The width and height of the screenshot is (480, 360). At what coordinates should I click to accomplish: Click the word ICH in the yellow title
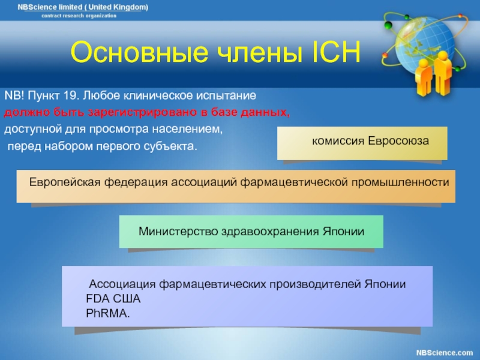pyautogui.click(x=336, y=52)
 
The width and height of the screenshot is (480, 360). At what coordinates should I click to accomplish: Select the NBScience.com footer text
pyautogui.click(x=445, y=353)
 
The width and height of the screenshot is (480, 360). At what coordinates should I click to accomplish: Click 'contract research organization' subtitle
pyautogui.click(x=79, y=16)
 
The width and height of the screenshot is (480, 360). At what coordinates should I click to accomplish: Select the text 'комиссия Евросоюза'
pyautogui.click(x=370, y=141)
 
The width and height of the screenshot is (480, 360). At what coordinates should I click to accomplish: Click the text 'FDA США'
pyautogui.click(x=113, y=299)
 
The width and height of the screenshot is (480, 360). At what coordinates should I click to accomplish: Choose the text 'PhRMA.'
pyautogui.click(x=108, y=313)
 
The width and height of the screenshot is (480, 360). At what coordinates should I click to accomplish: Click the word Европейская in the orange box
pyautogui.click(x=65, y=182)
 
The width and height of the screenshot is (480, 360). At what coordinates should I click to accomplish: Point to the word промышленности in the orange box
pyautogui.click(x=400, y=182)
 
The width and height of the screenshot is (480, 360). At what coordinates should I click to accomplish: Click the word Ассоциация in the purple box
pyautogui.click(x=122, y=284)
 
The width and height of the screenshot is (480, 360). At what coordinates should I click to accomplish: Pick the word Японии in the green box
pyautogui.click(x=343, y=232)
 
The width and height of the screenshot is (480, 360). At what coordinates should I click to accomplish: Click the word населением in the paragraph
pyautogui.click(x=187, y=129)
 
